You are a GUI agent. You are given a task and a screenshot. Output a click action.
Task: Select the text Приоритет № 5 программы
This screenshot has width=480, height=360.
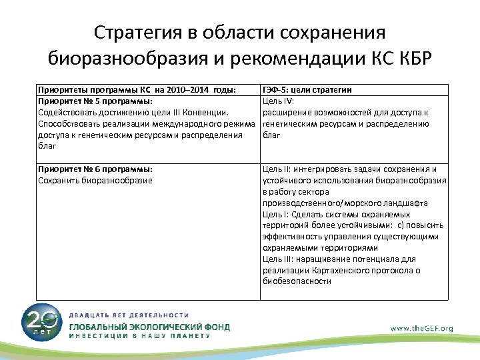pos(95,101)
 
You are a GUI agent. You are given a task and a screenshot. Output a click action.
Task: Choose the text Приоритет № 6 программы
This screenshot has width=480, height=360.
pos(95,169)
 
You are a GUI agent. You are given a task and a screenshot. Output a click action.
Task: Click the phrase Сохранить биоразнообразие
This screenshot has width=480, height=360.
pos(95,180)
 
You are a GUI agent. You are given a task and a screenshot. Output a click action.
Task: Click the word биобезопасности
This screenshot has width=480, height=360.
pos(297,281)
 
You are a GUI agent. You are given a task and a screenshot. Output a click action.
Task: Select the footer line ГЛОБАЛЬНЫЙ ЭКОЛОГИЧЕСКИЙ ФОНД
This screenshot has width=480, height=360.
pos(150,327)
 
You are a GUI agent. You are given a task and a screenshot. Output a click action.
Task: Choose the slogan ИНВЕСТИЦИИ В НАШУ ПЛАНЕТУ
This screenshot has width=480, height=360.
pos(139,337)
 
